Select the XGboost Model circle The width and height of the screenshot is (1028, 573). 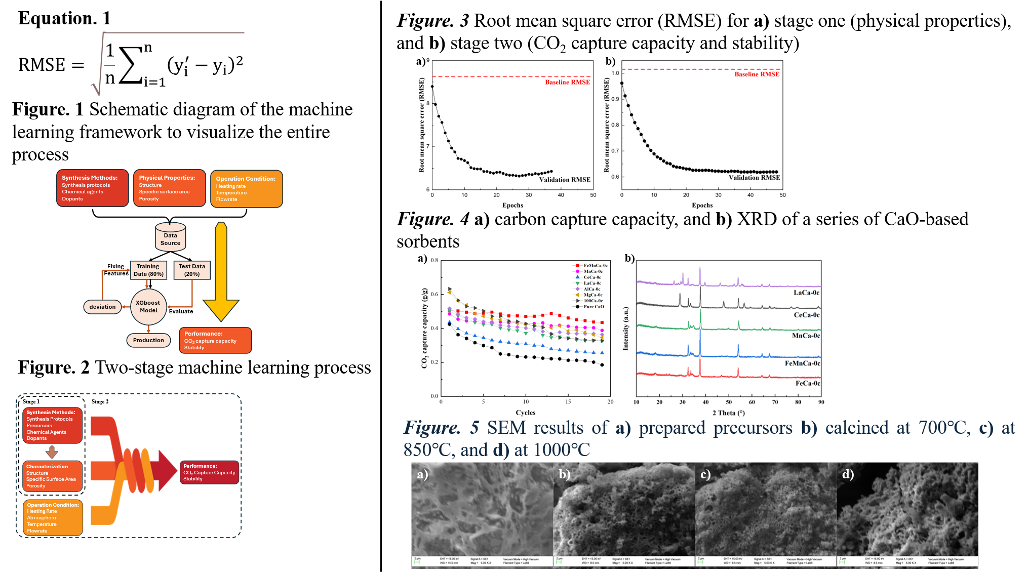pos(148,307)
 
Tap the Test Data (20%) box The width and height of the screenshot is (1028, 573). pos(191,270)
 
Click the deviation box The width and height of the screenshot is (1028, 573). pos(102,307)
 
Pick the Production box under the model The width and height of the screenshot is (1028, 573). pos(148,340)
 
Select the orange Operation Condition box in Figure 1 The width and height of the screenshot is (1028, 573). pos(246,189)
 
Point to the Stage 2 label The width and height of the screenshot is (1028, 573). pos(100,401)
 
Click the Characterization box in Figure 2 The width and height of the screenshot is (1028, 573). pos(52,476)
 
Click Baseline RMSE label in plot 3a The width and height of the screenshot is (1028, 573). pos(567,82)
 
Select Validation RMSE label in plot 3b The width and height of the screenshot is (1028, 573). pos(754,178)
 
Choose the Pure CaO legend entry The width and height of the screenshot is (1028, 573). pos(594,307)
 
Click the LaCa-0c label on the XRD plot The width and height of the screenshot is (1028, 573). pos(806,293)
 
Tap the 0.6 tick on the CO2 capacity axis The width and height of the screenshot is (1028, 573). pos(434,294)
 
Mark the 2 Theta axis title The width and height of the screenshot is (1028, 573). pos(728,413)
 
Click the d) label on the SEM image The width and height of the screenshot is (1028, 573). pos(848,474)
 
